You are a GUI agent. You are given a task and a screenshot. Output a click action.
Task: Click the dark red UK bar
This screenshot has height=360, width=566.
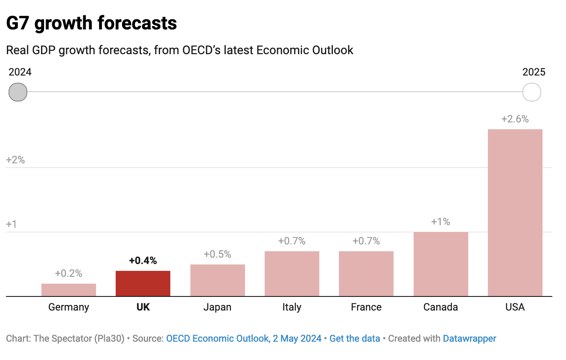[143, 283]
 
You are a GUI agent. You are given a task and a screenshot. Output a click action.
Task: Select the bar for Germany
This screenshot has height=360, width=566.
[69, 290]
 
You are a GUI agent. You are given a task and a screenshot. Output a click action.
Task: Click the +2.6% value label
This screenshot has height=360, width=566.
[515, 119]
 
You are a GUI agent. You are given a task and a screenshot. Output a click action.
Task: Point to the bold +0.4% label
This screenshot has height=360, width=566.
[143, 261]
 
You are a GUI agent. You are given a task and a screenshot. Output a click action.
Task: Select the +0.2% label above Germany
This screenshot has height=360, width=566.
[69, 273]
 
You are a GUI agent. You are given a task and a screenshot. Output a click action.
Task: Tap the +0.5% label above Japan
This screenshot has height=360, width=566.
[217, 254]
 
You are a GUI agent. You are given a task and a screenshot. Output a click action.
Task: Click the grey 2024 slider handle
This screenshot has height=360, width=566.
[18, 92]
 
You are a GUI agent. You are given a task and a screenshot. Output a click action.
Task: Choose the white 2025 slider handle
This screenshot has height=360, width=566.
[532, 92]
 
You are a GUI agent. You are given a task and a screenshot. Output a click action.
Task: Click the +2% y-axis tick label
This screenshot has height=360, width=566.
[15, 160]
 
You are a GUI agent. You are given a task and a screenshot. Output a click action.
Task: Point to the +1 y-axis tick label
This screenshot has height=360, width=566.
[12, 224]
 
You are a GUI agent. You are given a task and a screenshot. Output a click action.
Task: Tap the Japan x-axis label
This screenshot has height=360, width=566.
[217, 307]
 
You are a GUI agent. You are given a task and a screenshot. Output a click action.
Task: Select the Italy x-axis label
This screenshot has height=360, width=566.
[292, 307]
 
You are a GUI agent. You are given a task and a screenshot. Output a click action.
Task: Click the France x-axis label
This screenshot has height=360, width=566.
[366, 307]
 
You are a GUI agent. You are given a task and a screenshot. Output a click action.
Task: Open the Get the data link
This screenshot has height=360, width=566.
[355, 339]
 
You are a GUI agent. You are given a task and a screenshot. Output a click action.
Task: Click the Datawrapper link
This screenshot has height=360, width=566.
[470, 339]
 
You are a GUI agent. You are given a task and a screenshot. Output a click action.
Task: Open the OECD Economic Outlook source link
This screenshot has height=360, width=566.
[244, 339]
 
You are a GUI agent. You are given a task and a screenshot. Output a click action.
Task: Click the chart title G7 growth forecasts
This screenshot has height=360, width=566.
[92, 23]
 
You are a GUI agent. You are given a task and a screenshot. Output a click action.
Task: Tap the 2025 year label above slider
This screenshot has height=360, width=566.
[534, 72]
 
